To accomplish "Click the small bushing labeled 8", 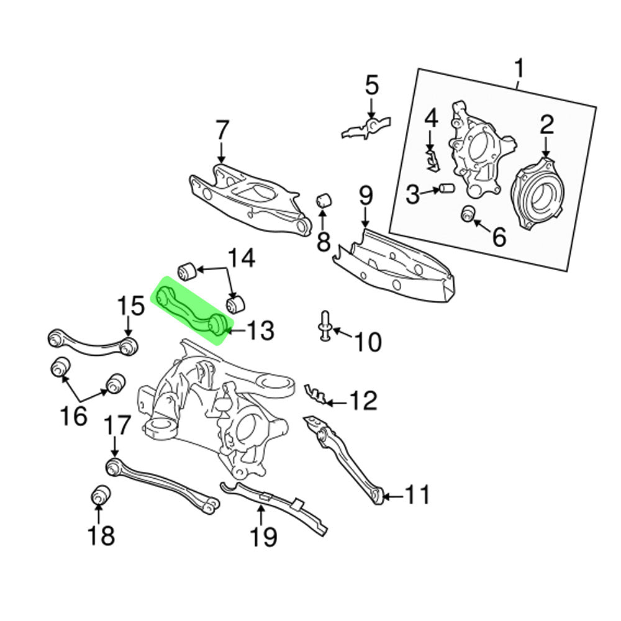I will click(x=324, y=202).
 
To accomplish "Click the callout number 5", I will click(x=371, y=85).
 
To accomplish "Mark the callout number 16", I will click(x=73, y=415).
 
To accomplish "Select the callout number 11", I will click(x=417, y=496).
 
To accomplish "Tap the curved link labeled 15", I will click(x=93, y=343).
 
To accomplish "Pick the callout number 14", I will click(x=241, y=258).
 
